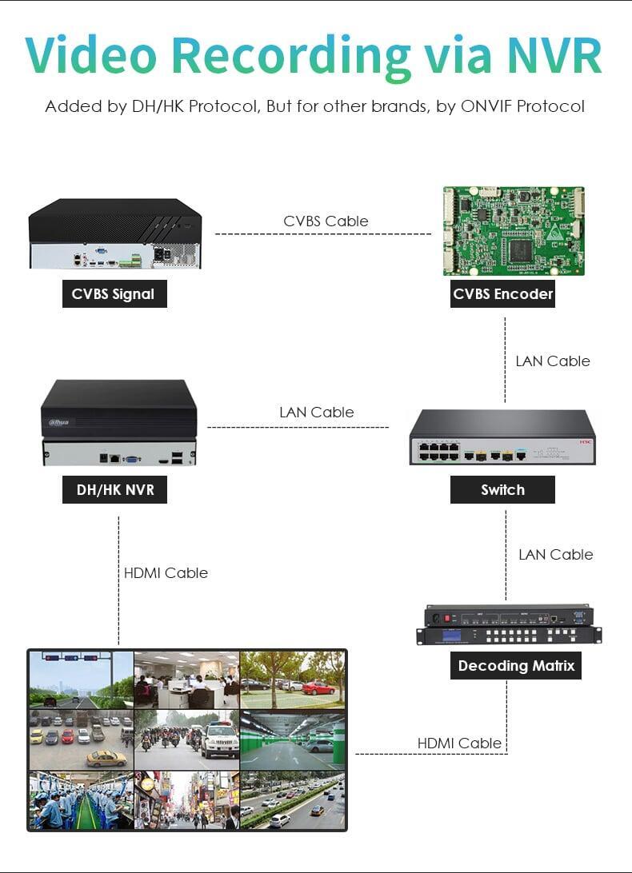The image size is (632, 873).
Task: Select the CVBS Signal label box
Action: point(114,294)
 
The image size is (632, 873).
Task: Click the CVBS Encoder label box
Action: point(502,294)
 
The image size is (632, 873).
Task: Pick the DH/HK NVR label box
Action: point(114,490)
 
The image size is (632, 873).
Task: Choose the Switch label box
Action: point(502,490)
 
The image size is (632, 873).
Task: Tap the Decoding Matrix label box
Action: point(516,665)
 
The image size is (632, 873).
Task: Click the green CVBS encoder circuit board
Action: point(514,231)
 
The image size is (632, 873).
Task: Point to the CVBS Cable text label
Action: point(326,221)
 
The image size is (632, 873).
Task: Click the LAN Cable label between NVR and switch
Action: point(317,413)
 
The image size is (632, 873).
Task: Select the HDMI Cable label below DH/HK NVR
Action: point(166,573)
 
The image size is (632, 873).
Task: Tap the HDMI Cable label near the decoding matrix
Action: point(459,743)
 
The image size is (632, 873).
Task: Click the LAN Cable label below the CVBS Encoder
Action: point(552,361)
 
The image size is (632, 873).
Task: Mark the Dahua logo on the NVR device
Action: point(58,422)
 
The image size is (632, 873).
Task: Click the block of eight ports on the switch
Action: point(439,452)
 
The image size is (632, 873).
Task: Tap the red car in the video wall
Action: point(318,688)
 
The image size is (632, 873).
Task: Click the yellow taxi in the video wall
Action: point(106,757)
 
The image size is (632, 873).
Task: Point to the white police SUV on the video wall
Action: point(220,740)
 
